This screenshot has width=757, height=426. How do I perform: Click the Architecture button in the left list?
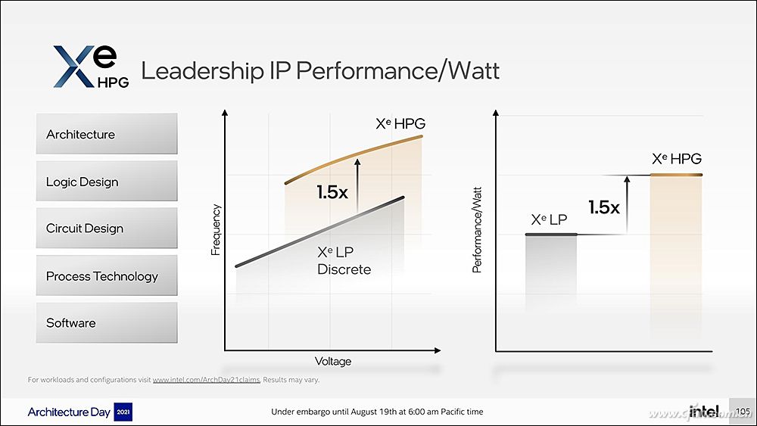pos(106,134)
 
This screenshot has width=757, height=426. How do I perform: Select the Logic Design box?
pos(106,182)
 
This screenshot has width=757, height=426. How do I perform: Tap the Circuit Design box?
pos(106,229)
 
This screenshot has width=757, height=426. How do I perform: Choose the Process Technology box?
pos(106,276)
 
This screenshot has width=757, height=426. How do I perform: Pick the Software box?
pos(106,323)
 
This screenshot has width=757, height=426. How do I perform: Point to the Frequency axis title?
pos(216,229)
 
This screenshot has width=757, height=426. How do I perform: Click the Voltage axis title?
pos(333,361)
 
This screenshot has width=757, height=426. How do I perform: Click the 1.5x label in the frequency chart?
pos(332,192)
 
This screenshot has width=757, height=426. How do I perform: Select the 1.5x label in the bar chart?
pos(604,207)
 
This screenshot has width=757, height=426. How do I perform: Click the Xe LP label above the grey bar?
pos(550,219)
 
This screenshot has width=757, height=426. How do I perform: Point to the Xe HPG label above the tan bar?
pos(677,159)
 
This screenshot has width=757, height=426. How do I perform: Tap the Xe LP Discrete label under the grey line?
pos(344,261)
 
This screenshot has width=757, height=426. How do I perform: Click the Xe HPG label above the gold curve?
pos(400,123)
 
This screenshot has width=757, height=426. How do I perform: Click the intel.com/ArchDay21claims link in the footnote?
pos(206,380)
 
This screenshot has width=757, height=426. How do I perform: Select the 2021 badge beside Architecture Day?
pos(123,412)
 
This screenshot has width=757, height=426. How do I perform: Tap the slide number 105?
pos(743,412)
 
